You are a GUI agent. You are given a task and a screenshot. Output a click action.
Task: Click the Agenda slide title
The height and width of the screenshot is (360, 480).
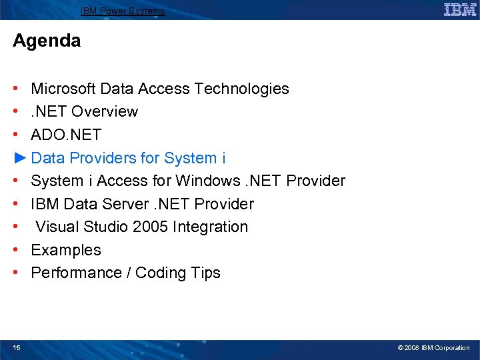tap(47, 41)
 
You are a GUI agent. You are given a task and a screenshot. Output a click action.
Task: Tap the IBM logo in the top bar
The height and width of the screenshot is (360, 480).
tap(460, 10)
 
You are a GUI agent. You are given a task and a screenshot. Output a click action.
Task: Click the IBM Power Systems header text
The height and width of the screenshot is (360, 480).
tap(123, 11)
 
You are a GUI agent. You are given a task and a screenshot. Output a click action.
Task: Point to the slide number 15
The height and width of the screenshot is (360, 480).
tap(17, 347)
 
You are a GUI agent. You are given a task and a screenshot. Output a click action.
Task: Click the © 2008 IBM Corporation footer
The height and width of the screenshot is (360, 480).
tap(433, 347)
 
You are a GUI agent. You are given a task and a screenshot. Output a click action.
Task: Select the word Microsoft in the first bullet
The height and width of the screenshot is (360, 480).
tap(63, 89)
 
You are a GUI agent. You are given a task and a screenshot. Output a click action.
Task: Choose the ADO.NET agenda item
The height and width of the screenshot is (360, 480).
tap(66, 135)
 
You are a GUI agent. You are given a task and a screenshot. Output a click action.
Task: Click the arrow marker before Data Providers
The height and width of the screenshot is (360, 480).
tap(20, 158)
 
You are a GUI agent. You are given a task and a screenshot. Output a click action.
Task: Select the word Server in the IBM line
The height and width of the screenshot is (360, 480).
tap(129, 204)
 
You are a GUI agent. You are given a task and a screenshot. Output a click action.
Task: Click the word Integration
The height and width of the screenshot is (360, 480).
tap(210, 227)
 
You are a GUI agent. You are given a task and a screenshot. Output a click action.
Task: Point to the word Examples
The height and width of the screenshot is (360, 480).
tap(66, 250)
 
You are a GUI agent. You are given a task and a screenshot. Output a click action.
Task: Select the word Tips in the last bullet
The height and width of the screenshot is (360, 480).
tap(205, 273)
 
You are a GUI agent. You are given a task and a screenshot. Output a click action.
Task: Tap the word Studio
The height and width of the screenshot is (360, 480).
tap(107, 227)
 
